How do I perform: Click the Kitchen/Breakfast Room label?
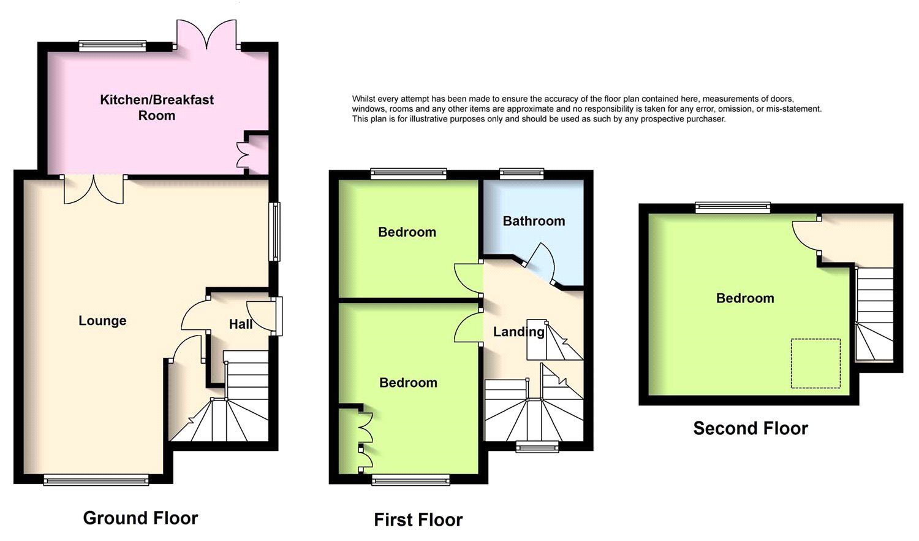click(157, 107)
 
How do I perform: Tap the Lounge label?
click(102, 321)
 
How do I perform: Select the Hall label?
click(241, 324)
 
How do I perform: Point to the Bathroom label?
click(534, 221)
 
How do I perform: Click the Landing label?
click(518, 332)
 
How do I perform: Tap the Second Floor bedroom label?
click(745, 298)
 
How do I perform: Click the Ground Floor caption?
click(140, 518)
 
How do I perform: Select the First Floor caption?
click(418, 520)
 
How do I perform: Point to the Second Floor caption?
click(751, 428)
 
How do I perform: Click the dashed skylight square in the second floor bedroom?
click(815, 363)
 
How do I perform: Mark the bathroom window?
click(521, 174)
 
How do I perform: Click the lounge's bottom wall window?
click(96, 480)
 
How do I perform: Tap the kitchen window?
click(113, 45)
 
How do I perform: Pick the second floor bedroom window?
click(733, 208)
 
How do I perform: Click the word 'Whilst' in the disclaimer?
click(363, 99)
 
